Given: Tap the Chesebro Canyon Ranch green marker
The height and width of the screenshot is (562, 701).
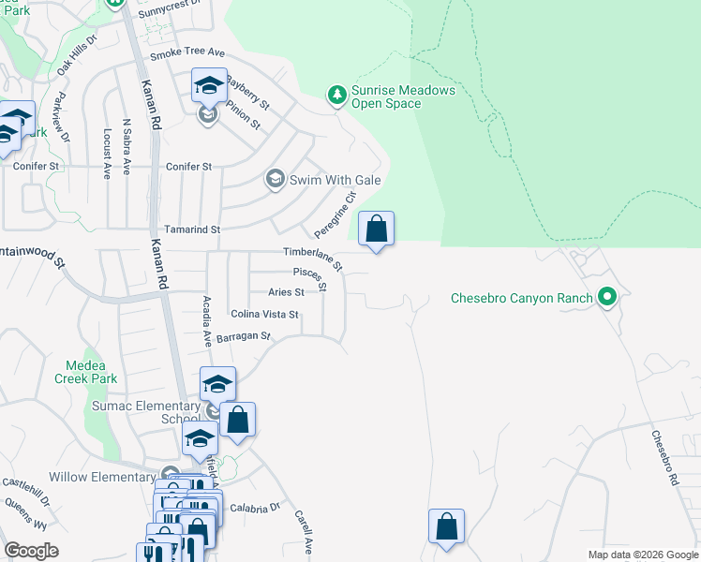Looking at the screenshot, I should pyautogui.click(x=607, y=299).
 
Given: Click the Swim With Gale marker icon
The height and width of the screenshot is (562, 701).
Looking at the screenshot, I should pyautogui.click(x=275, y=179).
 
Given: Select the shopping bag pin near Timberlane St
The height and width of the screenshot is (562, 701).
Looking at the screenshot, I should pyautogui.click(x=376, y=229).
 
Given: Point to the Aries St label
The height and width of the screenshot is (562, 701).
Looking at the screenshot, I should pyautogui.click(x=286, y=292).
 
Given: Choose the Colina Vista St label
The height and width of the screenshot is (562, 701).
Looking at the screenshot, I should pyautogui.click(x=264, y=315).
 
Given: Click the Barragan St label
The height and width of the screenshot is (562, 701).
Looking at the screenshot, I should pyautogui.click(x=243, y=335).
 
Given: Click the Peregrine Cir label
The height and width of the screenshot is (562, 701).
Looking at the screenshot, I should pyautogui.click(x=336, y=214).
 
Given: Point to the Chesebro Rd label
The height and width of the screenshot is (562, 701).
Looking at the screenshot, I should pyautogui.click(x=664, y=457).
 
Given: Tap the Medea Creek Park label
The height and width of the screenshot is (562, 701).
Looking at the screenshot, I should pyautogui.click(x=92, y=372).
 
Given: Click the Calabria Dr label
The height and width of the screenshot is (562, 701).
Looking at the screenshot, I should pyautogui.click(x=261, y=507).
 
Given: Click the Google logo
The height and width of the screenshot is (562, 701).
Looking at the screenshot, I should pyautogui.click(x=31, y=551).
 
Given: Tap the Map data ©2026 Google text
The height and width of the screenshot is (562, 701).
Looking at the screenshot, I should pyautogui.click(x=642, y=555).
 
